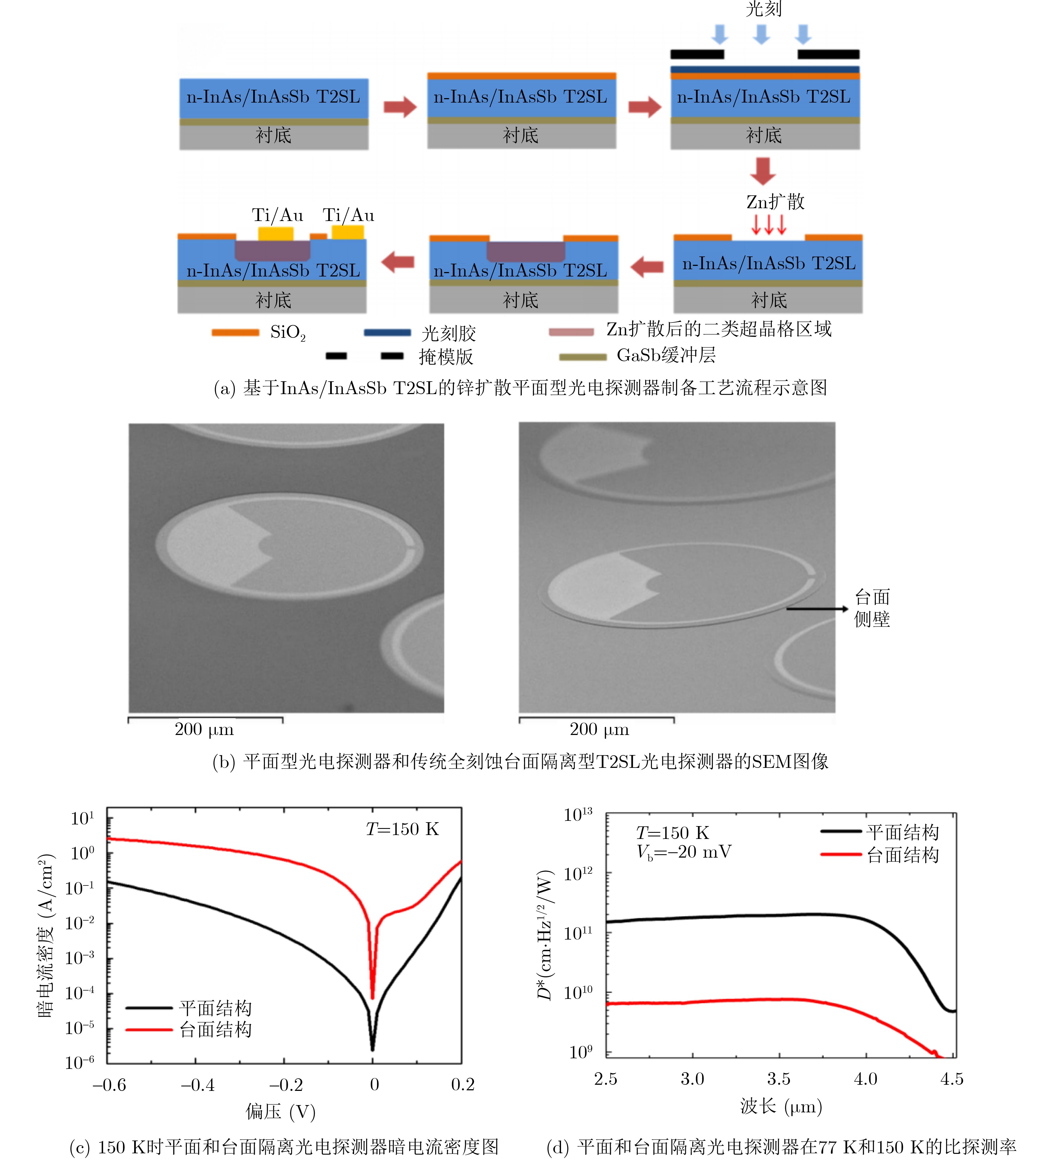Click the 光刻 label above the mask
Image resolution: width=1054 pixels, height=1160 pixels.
tap(763, 9)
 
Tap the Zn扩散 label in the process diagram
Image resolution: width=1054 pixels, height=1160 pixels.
tap(775, 202)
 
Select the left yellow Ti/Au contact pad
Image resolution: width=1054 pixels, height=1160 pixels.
tap(276, 234)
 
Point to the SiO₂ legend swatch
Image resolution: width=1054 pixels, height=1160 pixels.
tap(235, 333)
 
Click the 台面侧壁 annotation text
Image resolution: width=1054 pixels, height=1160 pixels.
tap(872, 608)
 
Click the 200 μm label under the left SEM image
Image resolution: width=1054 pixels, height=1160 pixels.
tap(204, 730)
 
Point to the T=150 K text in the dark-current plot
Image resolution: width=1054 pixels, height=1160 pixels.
tap(402, 829)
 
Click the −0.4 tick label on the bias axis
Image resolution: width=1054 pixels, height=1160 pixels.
tap(197, 1085)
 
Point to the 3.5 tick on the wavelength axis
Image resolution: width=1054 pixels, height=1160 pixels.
tap(779, 1079)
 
